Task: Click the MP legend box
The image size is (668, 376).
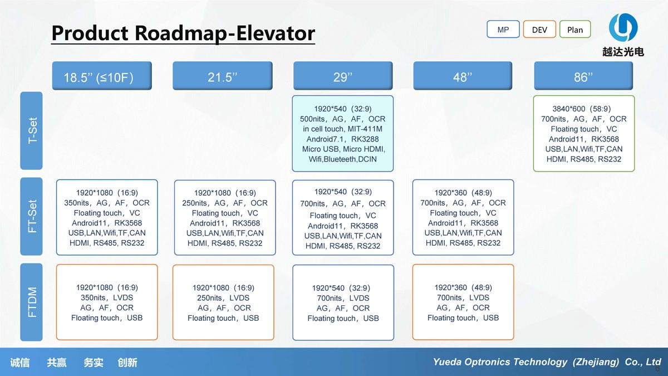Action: coord(503,29)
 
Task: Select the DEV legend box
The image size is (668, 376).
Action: coord(539,29)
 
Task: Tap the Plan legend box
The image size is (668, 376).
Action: coord(575,29)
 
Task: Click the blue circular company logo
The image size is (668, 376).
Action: coord(623,27)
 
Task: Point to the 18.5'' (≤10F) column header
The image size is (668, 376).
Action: coord(102,76)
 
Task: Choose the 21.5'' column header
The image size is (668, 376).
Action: coord(223,76)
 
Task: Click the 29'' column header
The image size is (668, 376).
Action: coord(343,76)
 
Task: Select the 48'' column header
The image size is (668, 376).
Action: coord(463,76)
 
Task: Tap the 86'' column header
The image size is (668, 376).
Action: coord(583,76)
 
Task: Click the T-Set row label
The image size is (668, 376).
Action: coord(31,131)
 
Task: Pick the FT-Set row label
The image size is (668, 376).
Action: coord(31,216)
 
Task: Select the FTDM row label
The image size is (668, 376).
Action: coord(31,302)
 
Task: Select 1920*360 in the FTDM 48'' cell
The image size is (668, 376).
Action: coord(450,287)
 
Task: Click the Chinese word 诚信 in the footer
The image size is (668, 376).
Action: coord(20,363)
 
